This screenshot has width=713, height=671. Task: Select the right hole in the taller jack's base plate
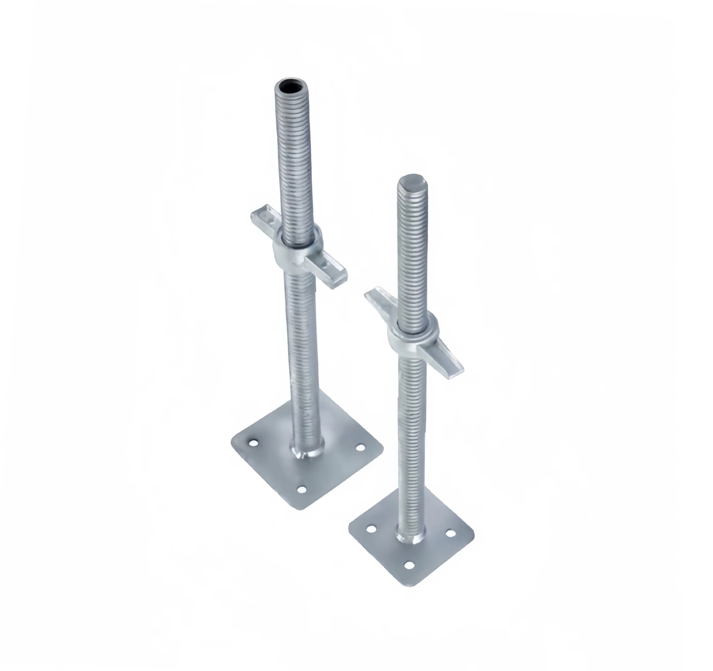click(360, 448)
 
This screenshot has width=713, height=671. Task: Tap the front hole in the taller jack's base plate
click(301, 489)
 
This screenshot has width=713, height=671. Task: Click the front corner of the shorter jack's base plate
click(410, 586)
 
